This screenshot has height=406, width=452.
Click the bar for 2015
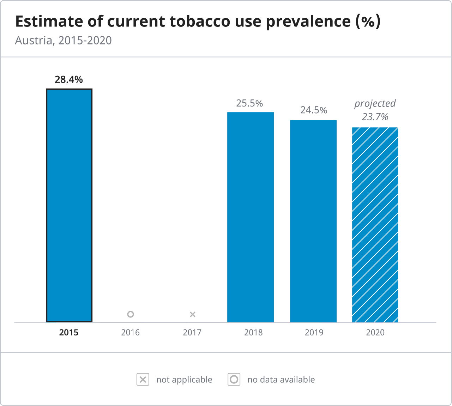pyautogui.click(x=69, y=205)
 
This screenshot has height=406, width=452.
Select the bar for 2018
pyautogui.click(x=251, y=217)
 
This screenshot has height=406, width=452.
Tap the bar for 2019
pyautogui.click(x=313, y=221)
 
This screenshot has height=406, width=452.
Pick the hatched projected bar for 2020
pyautogui.click(x=375, y=225)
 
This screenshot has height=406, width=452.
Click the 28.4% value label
pyautogui.click(x=69, y=80)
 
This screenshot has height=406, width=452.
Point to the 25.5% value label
pyautogui.click(x=249, y=103)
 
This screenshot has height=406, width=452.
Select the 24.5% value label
pyautogui.click(x=314, y=110)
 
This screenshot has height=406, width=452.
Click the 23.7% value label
pyautogui.click(x=375, y=117)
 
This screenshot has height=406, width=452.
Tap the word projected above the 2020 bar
pyautogui.click(x=375, y=104)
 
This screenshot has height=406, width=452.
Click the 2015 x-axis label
pyautogui.click(x=69, y=333)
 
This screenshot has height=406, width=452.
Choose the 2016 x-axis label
pyautogui.click(x=130, y=333)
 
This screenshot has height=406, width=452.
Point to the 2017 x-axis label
pyautogui.click(x=192, y=333)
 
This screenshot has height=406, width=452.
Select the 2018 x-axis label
pyautogui.click(x=253, y=333)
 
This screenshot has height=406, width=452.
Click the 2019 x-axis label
pyautogui.click(x=314, y=333)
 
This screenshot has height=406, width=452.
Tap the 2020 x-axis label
pyautogui.click(x=375, y=333)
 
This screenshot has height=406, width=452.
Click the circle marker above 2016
pyautogui.click(x=131, y=314)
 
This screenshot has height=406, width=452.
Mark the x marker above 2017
pyautogui.click(x=192, y=314)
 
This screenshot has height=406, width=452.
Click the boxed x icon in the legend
pyautogui.click(x=143, y=380)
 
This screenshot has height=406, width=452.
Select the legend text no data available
pyautogui.click(x=281, y=380)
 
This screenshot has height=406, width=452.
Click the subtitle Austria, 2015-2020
pyautogui.click(x=64, y=41)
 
